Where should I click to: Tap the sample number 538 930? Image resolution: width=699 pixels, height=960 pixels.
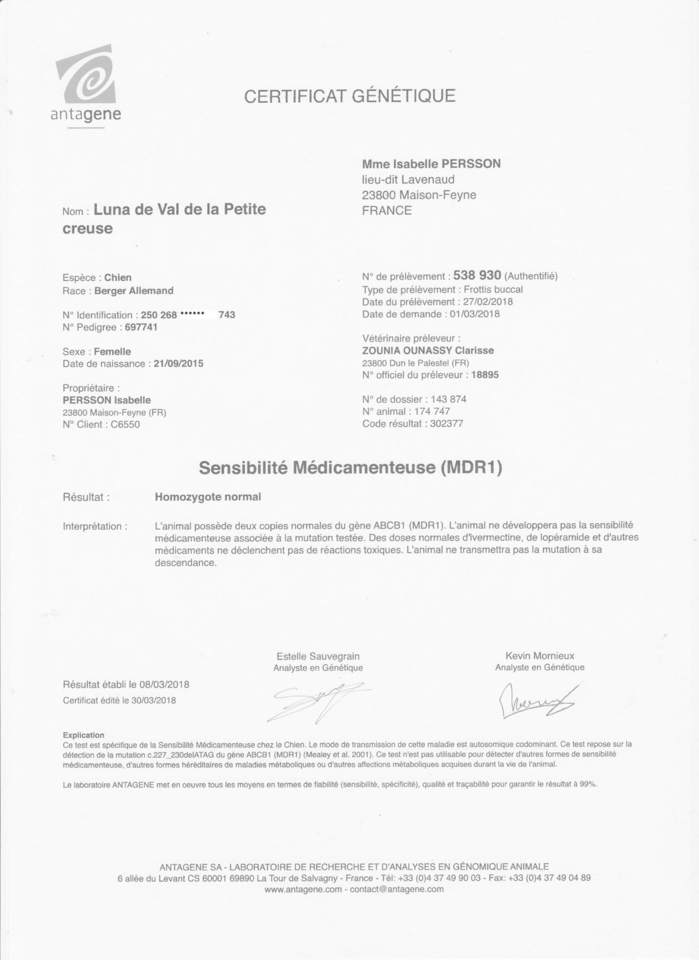477,276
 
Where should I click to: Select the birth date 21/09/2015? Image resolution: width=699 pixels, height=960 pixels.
178,364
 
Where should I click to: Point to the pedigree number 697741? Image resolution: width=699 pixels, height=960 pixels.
141,327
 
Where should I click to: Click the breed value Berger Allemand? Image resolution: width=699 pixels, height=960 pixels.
134,291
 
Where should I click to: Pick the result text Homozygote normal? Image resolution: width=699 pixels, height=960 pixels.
208,497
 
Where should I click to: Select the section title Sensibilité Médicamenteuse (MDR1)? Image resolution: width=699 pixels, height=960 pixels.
350,468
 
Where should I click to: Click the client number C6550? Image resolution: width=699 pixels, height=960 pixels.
125,424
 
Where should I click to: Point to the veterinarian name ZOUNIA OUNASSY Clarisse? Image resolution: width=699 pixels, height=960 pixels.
428,351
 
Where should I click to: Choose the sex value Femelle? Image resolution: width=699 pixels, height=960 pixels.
112,351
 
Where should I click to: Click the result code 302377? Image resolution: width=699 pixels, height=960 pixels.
446,424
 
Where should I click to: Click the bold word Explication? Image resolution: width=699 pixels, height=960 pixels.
83,735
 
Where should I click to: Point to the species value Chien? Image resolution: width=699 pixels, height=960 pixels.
118,277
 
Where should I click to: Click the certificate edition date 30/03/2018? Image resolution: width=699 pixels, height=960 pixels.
153,700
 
